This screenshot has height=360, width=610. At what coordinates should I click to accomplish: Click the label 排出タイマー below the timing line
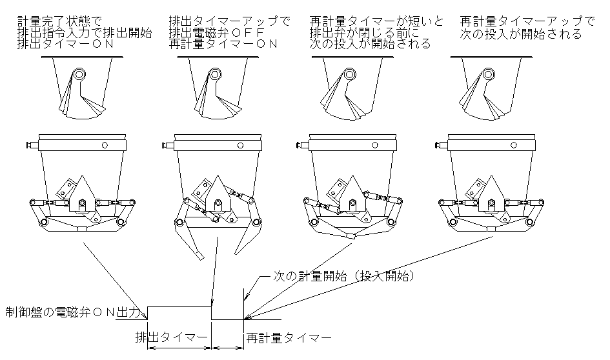[x=171, y=337]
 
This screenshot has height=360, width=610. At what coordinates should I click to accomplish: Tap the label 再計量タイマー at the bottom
[x=289, y=337]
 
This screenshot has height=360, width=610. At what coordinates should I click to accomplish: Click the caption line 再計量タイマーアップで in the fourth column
[x=527, y=21]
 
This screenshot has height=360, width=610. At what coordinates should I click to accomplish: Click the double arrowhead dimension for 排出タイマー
[x=179, y=348]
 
